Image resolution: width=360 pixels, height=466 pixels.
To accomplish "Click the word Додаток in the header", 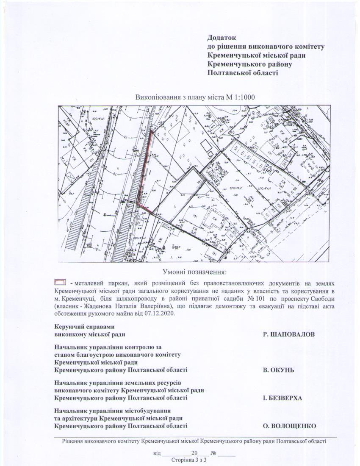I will (x=221, y=38).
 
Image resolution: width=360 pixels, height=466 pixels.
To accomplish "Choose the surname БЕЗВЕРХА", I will (x=282, y=398).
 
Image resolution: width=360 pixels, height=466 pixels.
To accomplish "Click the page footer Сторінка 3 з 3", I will (x=188, y=459).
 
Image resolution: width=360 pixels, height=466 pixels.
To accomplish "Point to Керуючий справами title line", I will (x=85, y=327).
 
